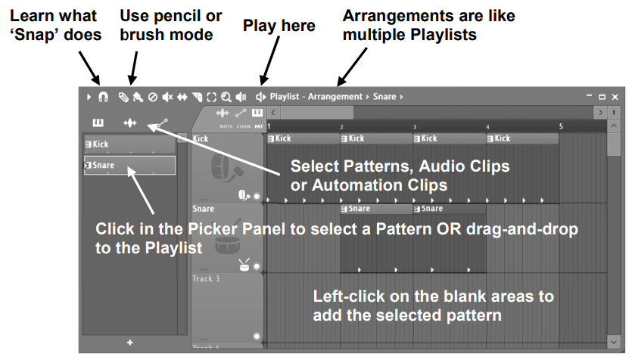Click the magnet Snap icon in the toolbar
(x=103, y=97)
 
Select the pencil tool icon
(x=123, y=97)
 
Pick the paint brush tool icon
(x=138, y=97)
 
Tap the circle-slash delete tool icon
(x=153, y=97)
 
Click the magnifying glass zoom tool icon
(x=226, y=97)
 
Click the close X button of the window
(x=615, y=97)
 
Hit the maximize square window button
(x=602, y=97)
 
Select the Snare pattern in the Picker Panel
(x=130, y=165)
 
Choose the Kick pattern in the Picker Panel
(x=130, y=144)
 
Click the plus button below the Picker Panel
(x=130, y=343)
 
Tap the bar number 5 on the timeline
(x=561, y=126)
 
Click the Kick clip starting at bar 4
(x=522, y=138)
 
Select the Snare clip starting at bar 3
(x=449, y=209)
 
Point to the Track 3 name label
(x=206, y=278)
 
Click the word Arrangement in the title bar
(x=335, y=97)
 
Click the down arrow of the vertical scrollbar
(x=614, y=342)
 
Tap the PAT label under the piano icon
(x=259, y=126)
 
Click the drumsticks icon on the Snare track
(x=244, y=265)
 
